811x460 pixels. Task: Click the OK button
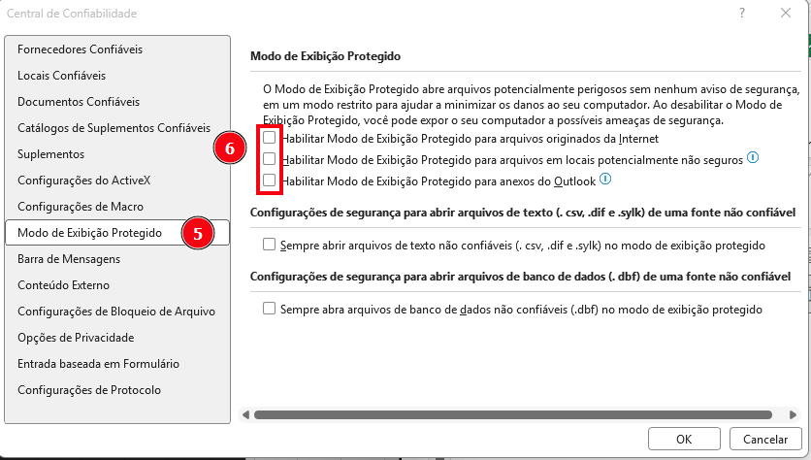[683, 440]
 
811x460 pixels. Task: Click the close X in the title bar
[785, 14]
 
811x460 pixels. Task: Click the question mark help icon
[741, 14]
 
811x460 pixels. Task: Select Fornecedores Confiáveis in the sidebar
[81, 49]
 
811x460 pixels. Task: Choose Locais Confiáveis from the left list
[61, 75]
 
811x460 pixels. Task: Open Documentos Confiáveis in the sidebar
[79, 101]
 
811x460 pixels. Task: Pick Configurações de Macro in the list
[81, 207]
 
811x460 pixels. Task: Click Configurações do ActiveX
[83, 181]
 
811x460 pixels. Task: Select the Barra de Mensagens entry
[69, 259]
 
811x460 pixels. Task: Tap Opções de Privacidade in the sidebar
[76, 338]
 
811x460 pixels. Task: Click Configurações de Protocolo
[89, 390]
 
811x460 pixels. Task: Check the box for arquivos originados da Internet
[269, 138]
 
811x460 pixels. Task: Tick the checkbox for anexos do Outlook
[269, 181]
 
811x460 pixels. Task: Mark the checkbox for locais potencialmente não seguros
[269, 159]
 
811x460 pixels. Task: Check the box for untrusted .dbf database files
[269, 310]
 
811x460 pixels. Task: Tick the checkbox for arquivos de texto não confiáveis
[269, 246]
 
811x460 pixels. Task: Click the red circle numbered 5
[198, 233]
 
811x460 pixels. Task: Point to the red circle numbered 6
[229, 148]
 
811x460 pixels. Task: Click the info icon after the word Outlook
[605, 179]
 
